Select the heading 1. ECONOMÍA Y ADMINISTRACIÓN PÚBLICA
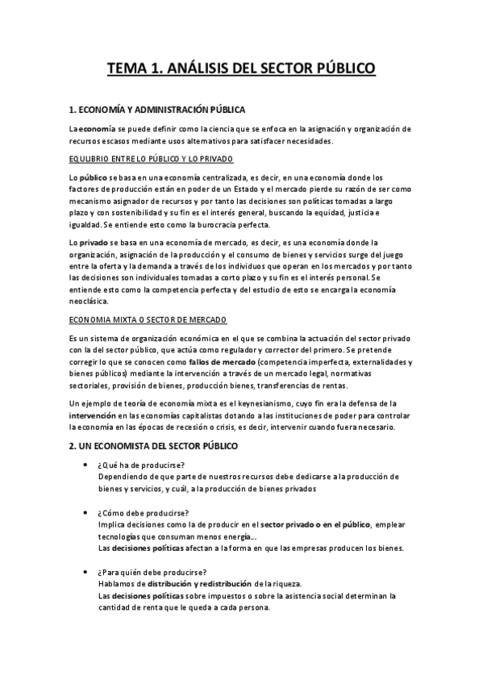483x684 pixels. click(x=157, y=110)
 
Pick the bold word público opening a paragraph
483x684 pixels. click(x=94, y=176)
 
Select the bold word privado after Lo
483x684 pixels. click(x=94, y=241)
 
